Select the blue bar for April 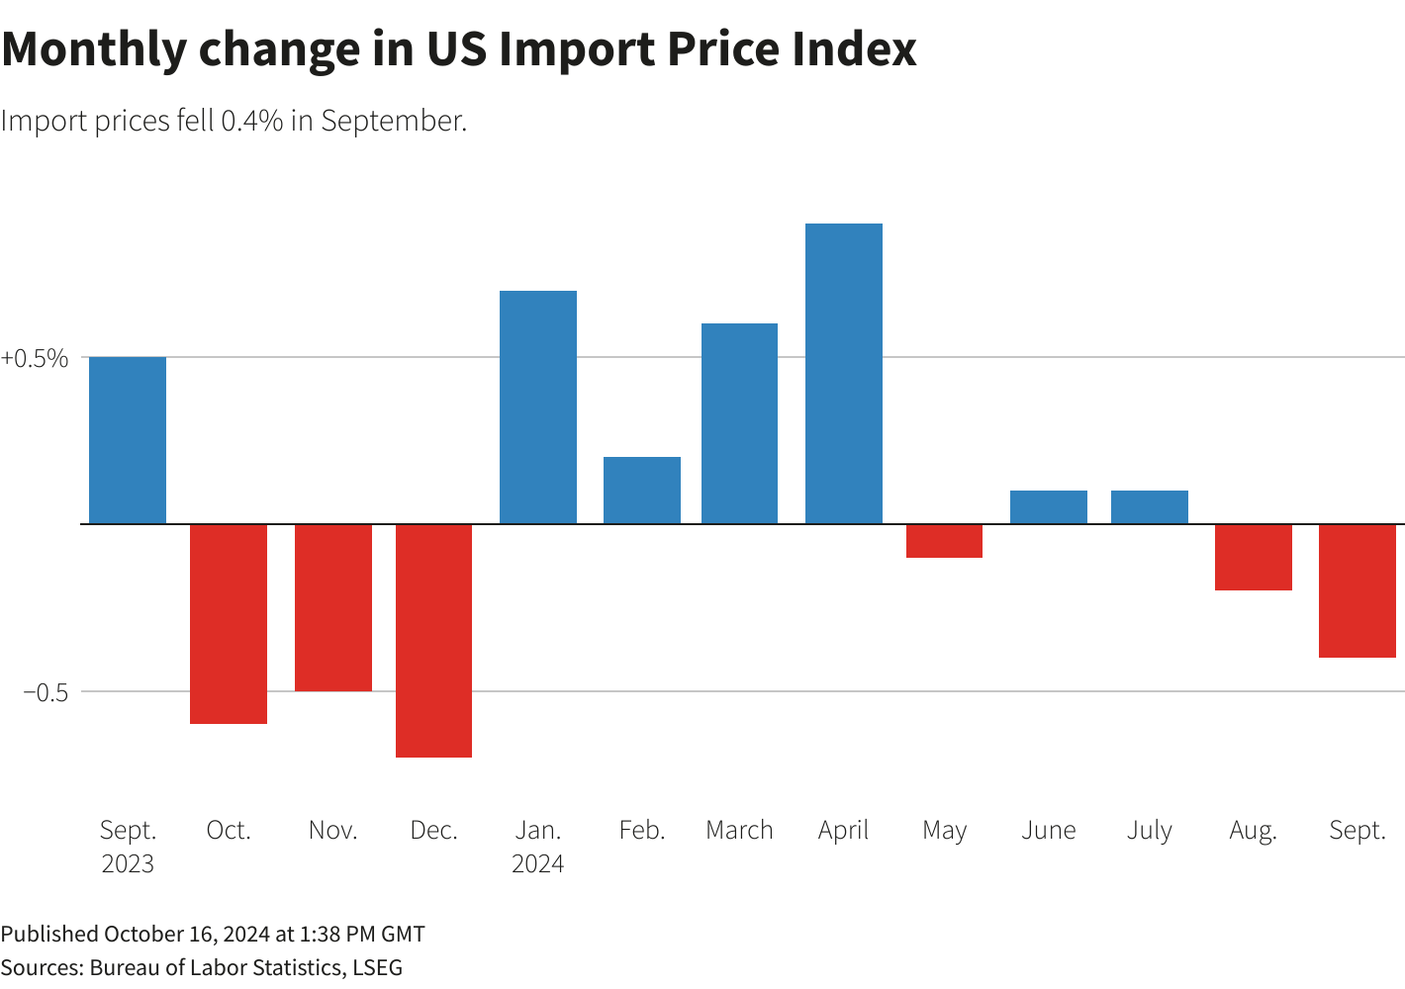[x=843, y=374]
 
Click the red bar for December [x=433, y=640]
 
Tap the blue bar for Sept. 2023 [x=128, y=440]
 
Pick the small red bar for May [x=944, y=541]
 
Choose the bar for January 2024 [x=537, y=406]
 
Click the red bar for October [x=229, y=623]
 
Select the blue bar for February [x=641, y=490]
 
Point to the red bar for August [x=1253, y=557]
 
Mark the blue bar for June [x=1048, y=506]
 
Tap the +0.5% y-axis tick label [x=35, y=358]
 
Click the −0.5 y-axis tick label [x=46, y=692]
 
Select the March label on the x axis [x=739, y=830]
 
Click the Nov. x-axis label [x=332, y=830]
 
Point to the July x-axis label [x=1149, y=830]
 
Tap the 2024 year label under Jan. [x=537, y=863]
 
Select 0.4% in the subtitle [x=252, y=121]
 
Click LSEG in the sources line [x=377, y=967]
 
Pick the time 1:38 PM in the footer [x=336, y=934]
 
